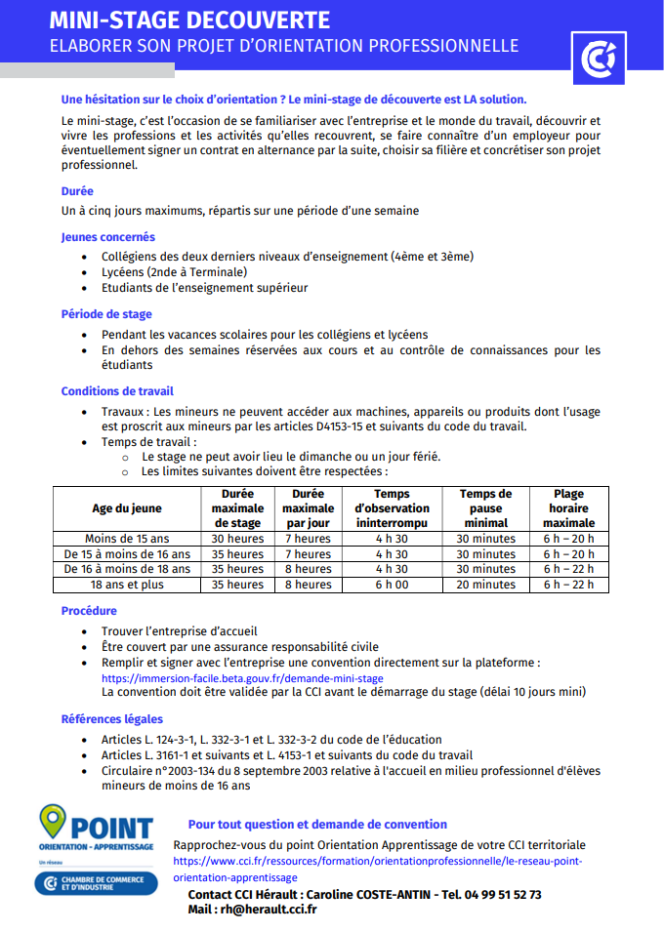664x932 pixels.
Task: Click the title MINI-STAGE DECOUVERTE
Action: pos(189,20)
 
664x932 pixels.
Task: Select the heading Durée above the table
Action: pos(77,191)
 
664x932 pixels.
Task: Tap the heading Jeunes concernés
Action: pos(107,237)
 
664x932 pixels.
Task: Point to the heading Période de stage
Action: pos(106,314)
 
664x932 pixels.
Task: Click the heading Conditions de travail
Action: pos(117,391)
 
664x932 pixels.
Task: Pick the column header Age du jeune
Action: pos(127,508)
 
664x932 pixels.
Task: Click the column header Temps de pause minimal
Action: pos(485,508)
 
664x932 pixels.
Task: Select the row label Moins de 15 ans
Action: pos(127,539)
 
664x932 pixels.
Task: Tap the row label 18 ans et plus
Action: pos(127,585)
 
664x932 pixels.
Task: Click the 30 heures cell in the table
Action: pos(237,539)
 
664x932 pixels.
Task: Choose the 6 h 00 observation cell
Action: pos(392,585)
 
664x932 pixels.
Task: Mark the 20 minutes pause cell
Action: pos(485,585)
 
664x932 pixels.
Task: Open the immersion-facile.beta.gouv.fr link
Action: pos(242,678)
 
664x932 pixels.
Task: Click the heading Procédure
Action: pos(89,611)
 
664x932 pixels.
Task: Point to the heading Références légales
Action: pos(112,719)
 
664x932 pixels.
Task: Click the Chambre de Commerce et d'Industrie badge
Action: pos(96,884)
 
